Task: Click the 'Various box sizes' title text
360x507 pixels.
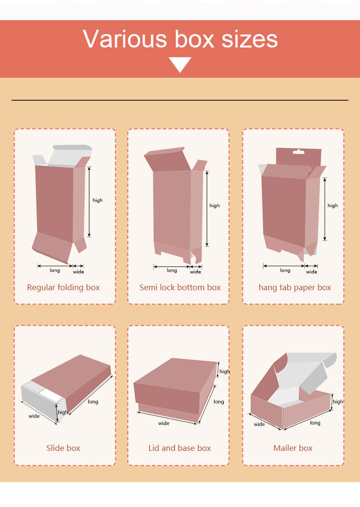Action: (x=180, y=39)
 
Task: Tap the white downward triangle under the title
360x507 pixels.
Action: (x=180, y=64)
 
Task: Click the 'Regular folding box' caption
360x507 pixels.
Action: (x=63, y=287)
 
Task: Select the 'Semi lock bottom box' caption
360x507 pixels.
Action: (x=180, y=287)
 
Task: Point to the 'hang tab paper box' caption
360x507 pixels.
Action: (x=295, y=287)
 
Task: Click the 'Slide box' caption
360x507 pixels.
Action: (x=63, y=448)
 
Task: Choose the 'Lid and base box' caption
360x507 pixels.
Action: (x=180, y=448)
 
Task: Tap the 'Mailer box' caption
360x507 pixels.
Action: (x=293, y=448)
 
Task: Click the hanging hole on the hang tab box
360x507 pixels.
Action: (x=298, y=152)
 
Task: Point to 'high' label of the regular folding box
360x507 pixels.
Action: (x=98, y=200)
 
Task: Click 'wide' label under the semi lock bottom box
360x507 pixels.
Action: (x=195, y=271)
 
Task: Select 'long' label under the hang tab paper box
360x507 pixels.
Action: (x=285, y=271)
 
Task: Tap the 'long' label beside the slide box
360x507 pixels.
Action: (x=93, y=401)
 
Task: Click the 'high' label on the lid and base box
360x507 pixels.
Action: (x=225, y=372)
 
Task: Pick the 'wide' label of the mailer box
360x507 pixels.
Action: (x=259, y=424)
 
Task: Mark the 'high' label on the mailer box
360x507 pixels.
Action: (x=338, y=401)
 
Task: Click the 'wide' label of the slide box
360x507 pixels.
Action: (x=34, y=416)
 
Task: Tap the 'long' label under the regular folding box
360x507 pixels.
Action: (x=55, y=271)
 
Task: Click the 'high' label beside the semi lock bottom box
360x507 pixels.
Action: (x=215, y=206)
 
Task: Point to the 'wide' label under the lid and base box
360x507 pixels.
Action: (x=164, y=423)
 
